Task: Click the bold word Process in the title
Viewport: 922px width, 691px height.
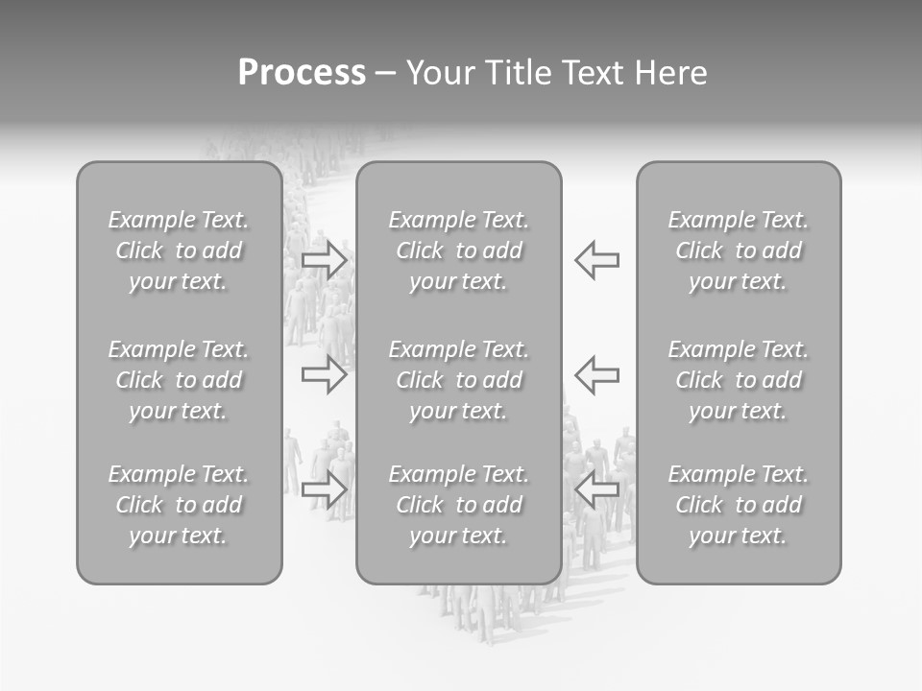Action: (302, 73)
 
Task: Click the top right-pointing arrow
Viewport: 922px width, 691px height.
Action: (324, 260)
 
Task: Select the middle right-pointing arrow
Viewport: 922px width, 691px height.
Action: (324, 374)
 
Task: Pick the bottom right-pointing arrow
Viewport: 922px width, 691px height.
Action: (324, 490)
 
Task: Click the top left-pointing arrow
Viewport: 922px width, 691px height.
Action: (596, 260)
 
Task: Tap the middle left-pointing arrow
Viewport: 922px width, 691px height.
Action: (596, 374)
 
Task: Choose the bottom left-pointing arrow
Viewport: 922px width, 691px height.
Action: (596, 490)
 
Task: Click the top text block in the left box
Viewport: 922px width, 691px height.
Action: (179, 250)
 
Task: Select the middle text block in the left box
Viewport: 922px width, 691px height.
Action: (179, 380)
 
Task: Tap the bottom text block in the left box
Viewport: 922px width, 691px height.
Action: (179, 505)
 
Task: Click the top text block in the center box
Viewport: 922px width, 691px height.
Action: (458, 250)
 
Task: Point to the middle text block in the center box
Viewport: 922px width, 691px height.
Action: (458, 380)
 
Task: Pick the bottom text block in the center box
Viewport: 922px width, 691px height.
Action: (458, 505)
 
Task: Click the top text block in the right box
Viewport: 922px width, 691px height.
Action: (738, 250)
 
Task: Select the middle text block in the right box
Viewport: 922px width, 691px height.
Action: (738, 380)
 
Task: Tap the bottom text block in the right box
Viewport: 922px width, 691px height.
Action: (738, 505)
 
